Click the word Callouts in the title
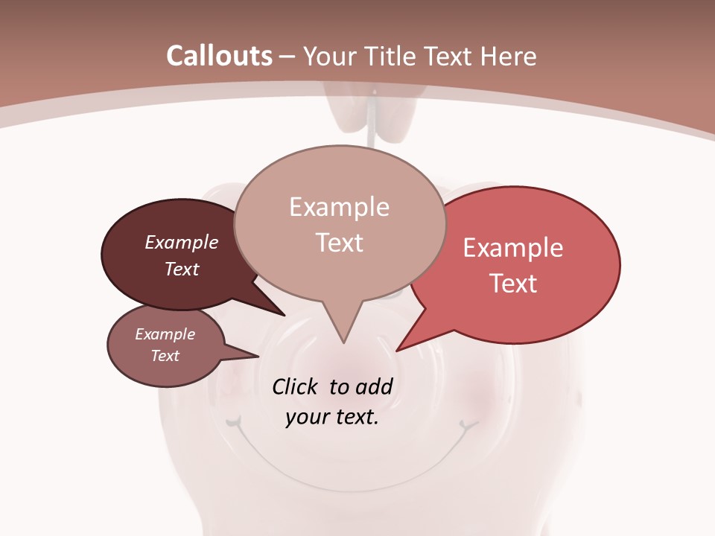click(219, 56)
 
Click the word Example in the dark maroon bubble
click(182, 242)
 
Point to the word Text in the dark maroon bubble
click(182, 269)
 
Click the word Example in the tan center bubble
click(339, 207)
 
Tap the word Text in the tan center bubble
click(339, 243)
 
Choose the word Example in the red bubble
click(513, 248)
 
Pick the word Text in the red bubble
click(513, 283)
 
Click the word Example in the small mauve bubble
click(165, 334)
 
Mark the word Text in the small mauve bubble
click(165, 356)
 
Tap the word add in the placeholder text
click(373, 386)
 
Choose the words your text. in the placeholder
click(332, 417)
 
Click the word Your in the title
click(328, 56)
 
